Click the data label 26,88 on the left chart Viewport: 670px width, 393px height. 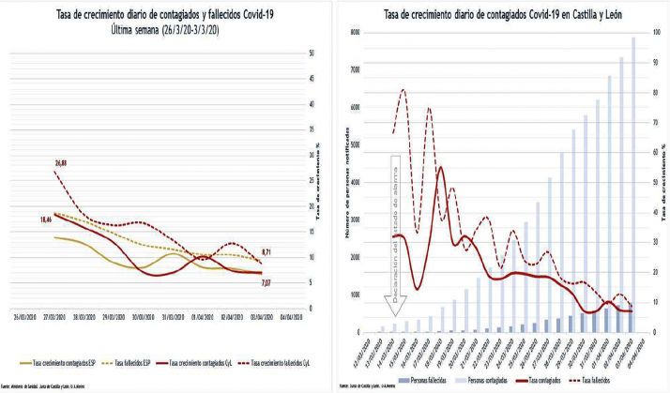click(x=59, y=163)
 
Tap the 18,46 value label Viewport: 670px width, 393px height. click(x=45, y=219)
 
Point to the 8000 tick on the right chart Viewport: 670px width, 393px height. click(x=354, y=33)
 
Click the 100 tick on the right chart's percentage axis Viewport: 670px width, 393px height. click(x=656, y=33)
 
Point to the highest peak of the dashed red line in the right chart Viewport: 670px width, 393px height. click(x=403, y=90)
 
